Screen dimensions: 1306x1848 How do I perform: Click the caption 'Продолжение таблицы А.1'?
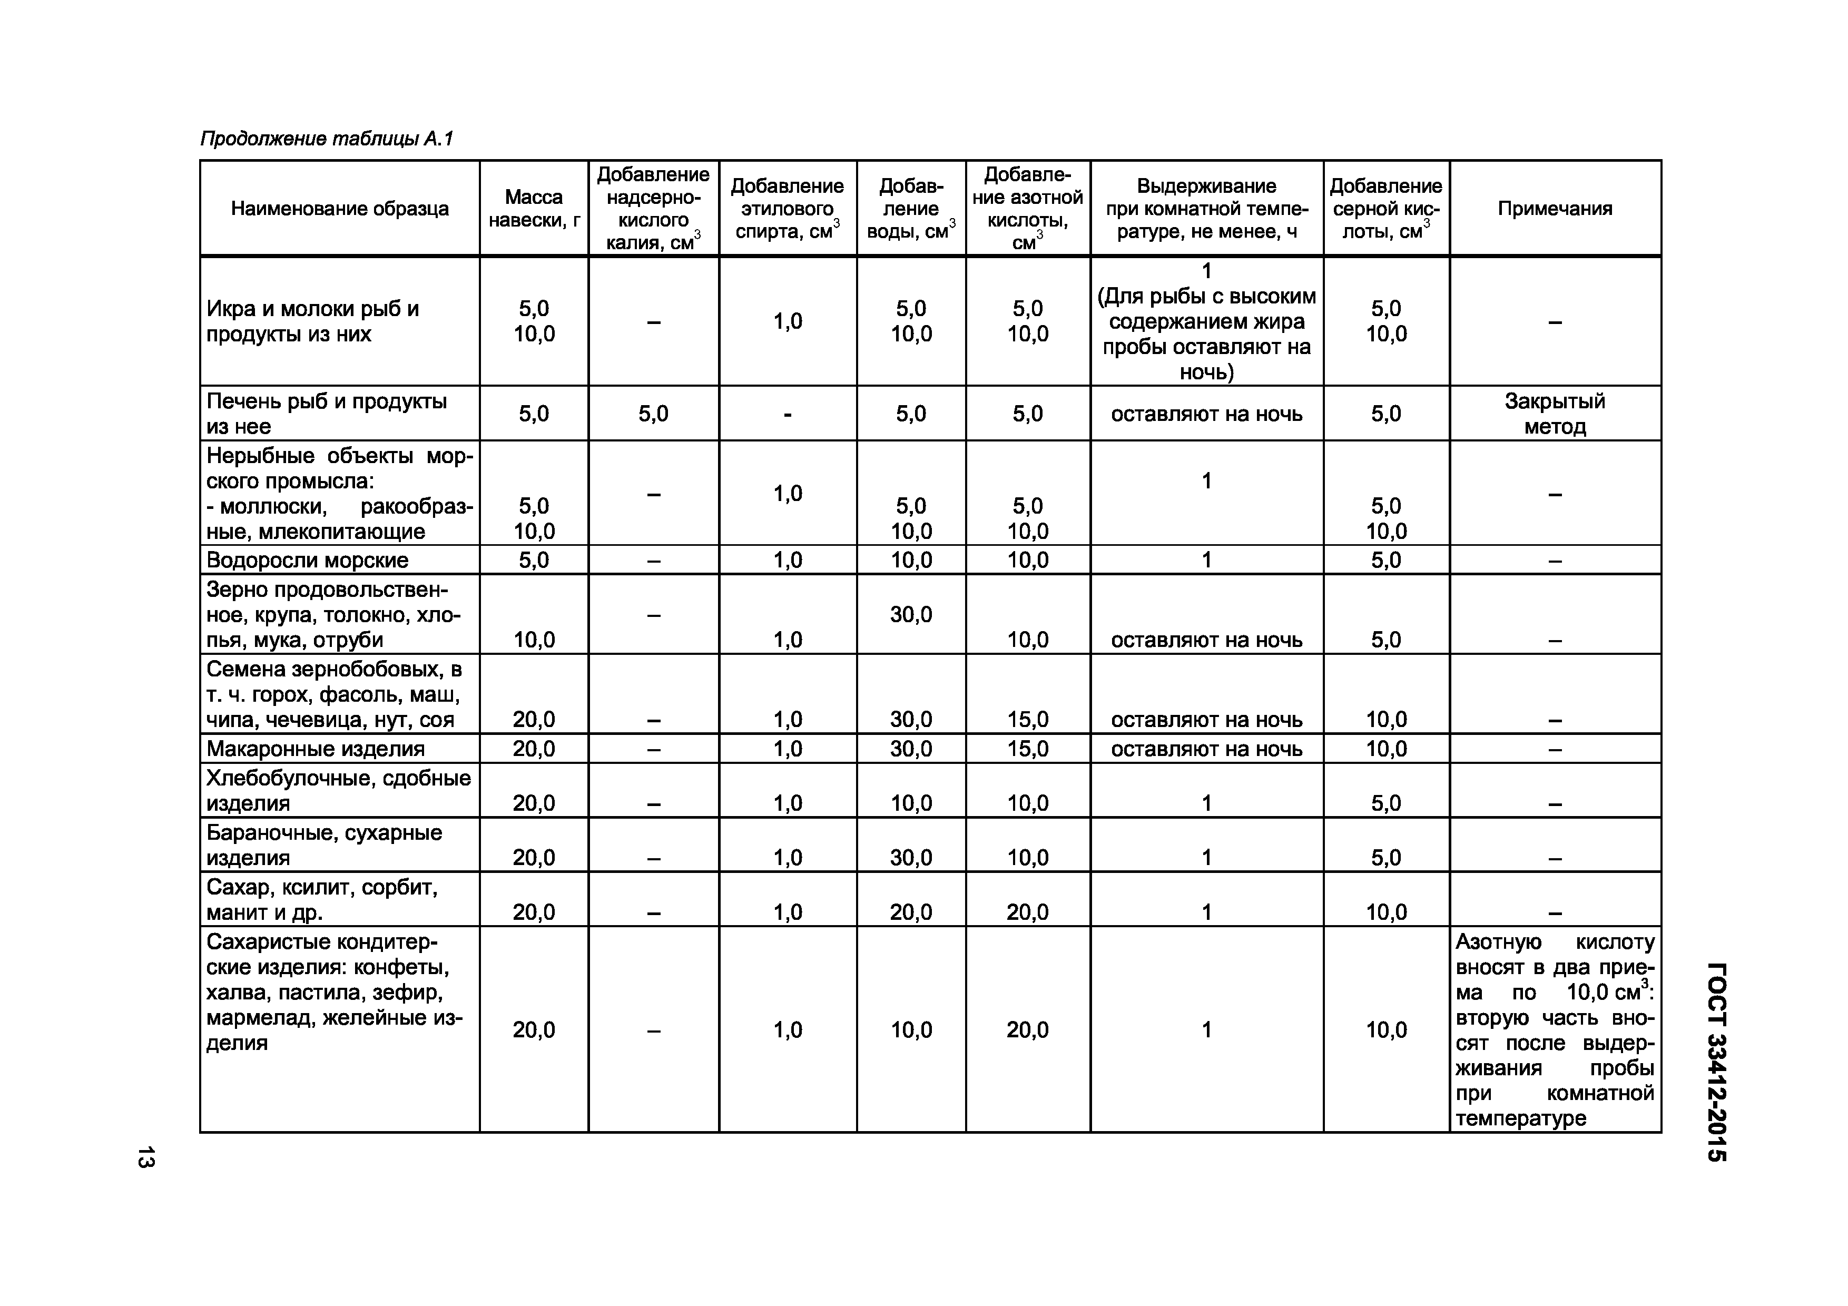[326, 139]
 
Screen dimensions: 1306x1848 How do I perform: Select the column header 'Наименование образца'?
[340, 209]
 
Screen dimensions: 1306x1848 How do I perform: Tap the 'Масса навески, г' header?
[534, 209]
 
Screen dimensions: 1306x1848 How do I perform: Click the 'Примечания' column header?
[1554, 209]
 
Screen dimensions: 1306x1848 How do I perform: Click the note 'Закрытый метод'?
[1554, 414]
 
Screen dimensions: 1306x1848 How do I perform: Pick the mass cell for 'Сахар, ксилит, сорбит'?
[534, 912]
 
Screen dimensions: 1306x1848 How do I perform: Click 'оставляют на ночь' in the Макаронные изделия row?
[1206, 749]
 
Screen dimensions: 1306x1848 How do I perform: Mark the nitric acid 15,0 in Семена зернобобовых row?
[1027, 720]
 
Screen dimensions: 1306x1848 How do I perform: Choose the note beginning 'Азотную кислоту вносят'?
[1554, 1029]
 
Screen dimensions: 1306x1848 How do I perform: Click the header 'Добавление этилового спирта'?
[787, 209]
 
